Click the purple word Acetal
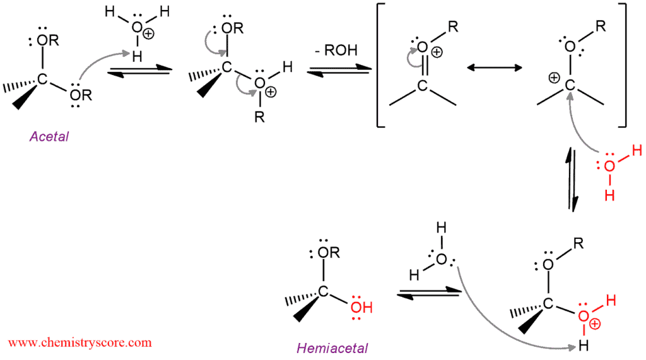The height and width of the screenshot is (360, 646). [49, 136]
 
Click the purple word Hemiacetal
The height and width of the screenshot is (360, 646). [332, 349]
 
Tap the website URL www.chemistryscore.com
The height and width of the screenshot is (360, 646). [80, 343]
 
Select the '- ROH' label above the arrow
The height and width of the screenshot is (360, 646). [336, 50]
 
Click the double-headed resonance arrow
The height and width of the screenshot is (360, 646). [495, 67]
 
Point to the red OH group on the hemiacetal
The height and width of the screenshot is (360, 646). [361, 307]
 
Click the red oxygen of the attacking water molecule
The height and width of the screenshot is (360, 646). [609, 166]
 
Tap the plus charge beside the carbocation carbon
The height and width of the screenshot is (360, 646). [554, 78]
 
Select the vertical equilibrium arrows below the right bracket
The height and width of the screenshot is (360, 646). [572, 180]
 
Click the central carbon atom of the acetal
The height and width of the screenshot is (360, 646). [42, 78]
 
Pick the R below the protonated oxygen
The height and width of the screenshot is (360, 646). [259, 117]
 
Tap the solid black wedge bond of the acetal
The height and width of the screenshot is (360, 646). [25, 96]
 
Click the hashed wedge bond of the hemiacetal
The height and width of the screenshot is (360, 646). [301, 299]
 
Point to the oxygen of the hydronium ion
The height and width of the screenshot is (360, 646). [137, 28]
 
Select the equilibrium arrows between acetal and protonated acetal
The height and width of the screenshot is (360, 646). [139, 71]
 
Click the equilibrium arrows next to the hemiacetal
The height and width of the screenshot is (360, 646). [429, 293]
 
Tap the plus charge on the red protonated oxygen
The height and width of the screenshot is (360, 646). [594, 324]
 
